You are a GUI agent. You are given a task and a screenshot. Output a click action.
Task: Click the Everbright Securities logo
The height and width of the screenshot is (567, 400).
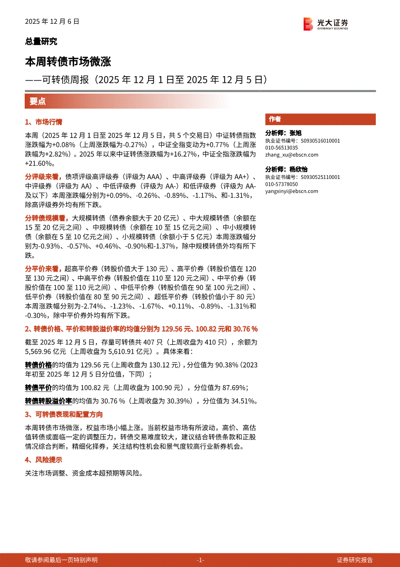pyautogui.click(x=325, y=23)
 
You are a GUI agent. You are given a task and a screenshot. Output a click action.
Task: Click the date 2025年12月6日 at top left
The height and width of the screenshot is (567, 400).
pyautogui.click(x=52, y=22)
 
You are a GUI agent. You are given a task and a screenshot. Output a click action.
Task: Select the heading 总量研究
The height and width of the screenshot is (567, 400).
pyautogui.click(x=41, y=42)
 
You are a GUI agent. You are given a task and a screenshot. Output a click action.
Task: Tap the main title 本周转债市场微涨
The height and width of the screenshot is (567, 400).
pyautogui.click(x=68, y=62)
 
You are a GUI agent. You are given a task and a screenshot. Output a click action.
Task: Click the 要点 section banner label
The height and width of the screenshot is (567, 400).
pyautogui.click(x=37, y=101)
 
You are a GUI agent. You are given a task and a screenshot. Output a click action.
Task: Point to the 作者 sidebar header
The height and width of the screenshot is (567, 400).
pyautogui.click(x=275, y=119)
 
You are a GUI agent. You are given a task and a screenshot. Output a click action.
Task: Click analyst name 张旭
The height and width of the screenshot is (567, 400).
pyautogui.click(x=295, y=133)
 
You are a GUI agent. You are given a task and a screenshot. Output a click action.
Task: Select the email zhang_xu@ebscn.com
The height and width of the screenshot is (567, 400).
pyautogui.click(x=292, y=155)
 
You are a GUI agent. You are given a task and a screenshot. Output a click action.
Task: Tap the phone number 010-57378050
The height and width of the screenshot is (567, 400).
pyautogui.click(x=281, y=184)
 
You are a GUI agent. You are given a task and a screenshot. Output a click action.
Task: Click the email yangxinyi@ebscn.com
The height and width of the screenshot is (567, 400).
pyautogui.click(x=292, y=191)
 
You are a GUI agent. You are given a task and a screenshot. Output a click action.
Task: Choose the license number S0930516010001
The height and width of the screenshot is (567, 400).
pyautogui.click(x=320, y=141)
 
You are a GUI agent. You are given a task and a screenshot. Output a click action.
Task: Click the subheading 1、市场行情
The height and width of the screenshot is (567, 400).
pyautogui.click(x=44, y=122)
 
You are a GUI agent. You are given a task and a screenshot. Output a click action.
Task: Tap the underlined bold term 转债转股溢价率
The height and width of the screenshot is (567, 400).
pyautogui.click(x=48, y=401)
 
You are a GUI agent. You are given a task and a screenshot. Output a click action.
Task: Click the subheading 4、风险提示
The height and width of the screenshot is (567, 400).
pyautogui.click(x=44, y=460)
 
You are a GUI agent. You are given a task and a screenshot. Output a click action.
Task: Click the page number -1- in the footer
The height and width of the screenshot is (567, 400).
pyautogui.click(x=200, y=560)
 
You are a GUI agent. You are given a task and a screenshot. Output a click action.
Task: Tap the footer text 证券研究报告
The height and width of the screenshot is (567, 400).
pyautogui.click(x=355, y=560)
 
